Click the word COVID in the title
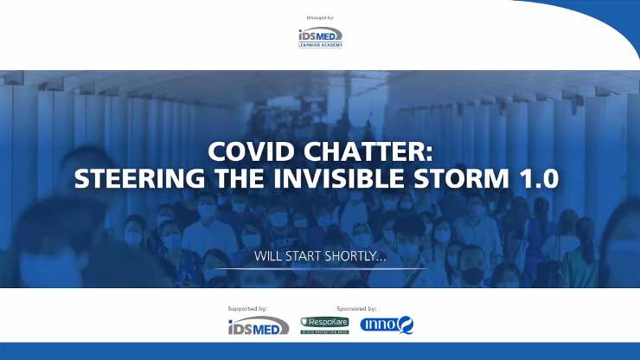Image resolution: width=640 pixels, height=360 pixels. [x=252, y=151]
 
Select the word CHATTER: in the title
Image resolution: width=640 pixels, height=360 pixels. [x=368, y=151]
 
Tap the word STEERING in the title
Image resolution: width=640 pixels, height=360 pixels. [x=139, y=178]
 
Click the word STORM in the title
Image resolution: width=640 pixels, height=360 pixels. [x=462, y=178]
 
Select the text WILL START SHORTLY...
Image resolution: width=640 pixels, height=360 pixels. [x=320, y=256]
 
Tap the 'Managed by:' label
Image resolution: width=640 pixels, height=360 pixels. [x=320, y=17]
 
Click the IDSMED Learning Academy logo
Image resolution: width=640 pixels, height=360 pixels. [x=320, y=37]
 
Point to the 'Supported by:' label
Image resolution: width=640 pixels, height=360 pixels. [x=247, y=309]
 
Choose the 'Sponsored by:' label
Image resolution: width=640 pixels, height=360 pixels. [x=356, y=309]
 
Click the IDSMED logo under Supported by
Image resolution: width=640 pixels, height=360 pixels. [x=259, y=325]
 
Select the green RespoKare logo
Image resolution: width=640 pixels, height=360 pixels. [x=324, y=325]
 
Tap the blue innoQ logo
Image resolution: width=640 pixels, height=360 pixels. [x=387, y=325]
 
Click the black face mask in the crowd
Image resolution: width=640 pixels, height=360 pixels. [x=472, y=275]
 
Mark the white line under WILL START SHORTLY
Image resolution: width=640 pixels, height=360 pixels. [x=320, y=269]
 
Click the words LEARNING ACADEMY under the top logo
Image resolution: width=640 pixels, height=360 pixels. [x=320, y=45]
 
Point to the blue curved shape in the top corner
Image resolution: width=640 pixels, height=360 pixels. [x=604, y=16]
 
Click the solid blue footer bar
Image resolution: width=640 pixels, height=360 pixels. [x=320, y=351]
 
